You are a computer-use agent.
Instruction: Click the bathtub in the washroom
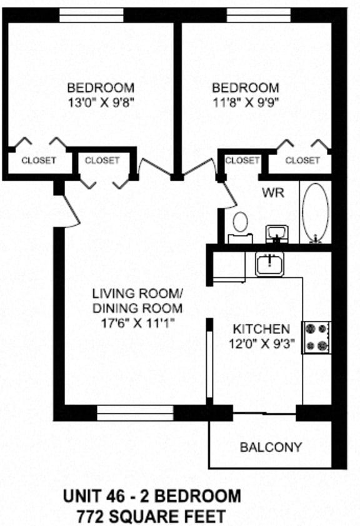pos(315,212)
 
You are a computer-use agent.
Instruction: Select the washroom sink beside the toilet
pos(275,233)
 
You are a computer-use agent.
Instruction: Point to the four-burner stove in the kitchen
pos(316,337)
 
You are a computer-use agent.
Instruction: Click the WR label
pos(273,193)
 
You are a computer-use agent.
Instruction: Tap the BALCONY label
pos(271,447)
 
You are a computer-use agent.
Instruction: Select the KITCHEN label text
pos(261,329)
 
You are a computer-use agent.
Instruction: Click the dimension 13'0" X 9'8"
pos(101,100)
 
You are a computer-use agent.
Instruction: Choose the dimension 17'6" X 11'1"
pos(137,323)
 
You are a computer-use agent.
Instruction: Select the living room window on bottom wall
pos(135,413)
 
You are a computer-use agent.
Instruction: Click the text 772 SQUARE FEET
pos(152,516)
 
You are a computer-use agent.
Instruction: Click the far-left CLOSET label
pos(38,160)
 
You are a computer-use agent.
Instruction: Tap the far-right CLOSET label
pos(302,161)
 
